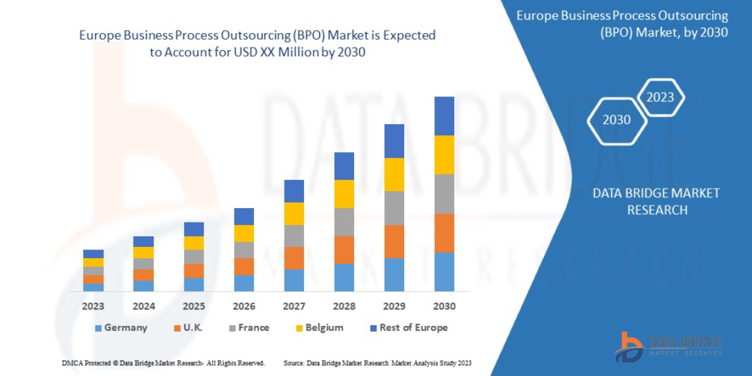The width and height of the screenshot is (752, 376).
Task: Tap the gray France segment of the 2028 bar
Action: point(344,222)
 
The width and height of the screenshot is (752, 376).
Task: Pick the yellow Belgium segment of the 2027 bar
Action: point(294,214)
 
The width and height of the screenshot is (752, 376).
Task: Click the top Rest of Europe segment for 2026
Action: point(244,216)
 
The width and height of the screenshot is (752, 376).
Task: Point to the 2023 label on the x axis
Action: point(93,306)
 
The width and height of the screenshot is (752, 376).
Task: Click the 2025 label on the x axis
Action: point(194,306)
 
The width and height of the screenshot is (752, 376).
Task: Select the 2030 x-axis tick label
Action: point(444,306)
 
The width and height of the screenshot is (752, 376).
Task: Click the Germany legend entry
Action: point(121,328)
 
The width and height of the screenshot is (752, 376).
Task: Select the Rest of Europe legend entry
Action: point(409,328)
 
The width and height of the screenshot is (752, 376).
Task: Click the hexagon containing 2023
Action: point(660,97)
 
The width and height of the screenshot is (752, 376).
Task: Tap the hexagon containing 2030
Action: point(617,120)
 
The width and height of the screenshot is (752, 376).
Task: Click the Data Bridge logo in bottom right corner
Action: point(668,347)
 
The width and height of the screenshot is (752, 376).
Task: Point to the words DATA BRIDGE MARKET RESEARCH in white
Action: point(657,201)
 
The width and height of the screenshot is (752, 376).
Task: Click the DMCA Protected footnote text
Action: point(164,363)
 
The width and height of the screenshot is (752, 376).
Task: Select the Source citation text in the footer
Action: point(377,363)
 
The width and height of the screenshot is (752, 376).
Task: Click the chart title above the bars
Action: point(257,44)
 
